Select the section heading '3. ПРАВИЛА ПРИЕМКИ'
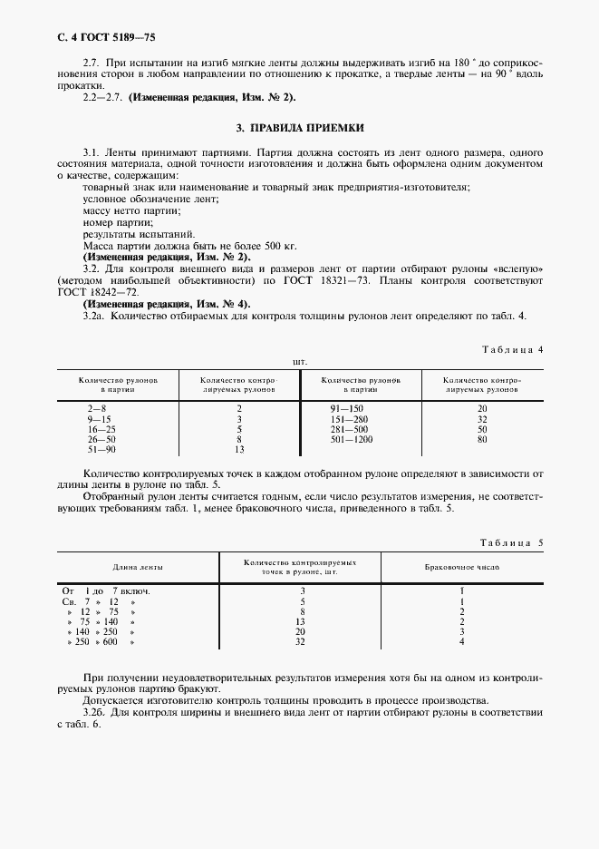[299, 128]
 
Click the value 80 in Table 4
[482, 439]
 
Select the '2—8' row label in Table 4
[97, 409]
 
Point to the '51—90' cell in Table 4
[101, 449]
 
